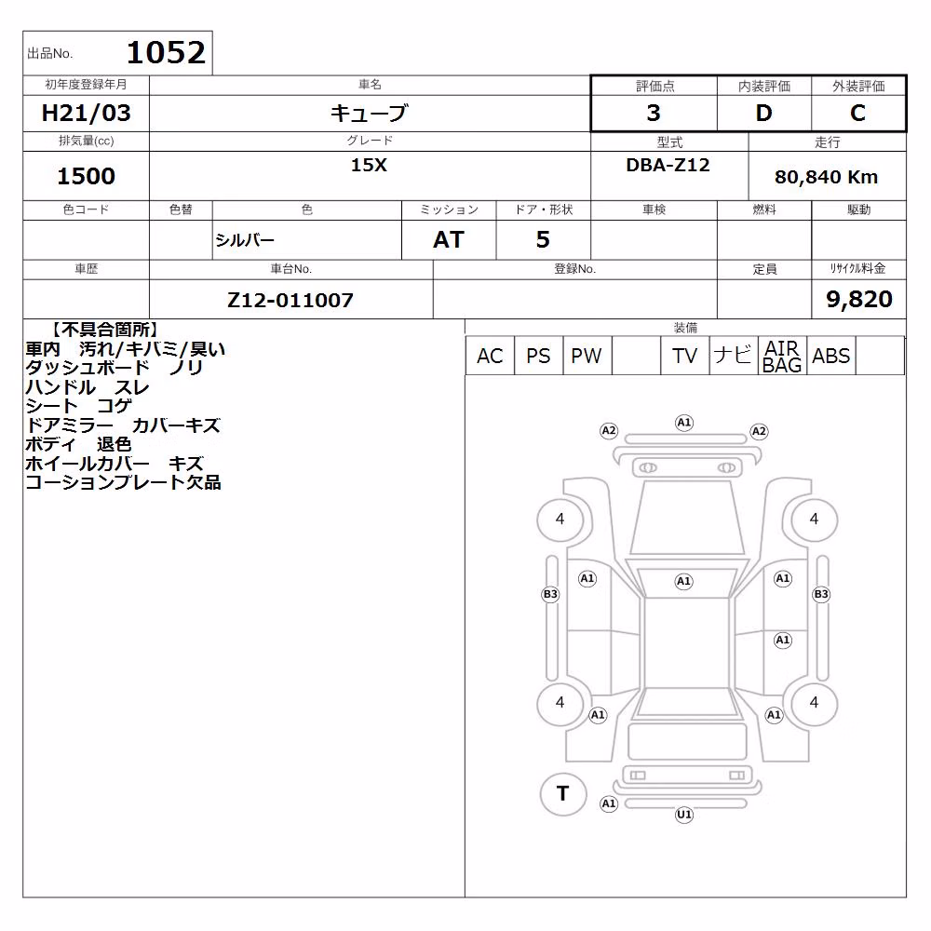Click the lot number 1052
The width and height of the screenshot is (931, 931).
point(166,52)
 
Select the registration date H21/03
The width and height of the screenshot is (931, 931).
point(86,113)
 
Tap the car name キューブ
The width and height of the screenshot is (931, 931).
point(370,113)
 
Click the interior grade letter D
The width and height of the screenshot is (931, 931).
point(763,113)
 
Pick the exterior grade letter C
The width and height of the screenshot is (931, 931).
point(857,113)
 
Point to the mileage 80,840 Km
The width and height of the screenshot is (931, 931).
point(826,177)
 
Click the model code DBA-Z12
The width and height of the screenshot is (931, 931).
point(668,165)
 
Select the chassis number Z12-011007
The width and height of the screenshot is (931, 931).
point(290,300)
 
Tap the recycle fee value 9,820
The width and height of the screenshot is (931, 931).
point(859,299)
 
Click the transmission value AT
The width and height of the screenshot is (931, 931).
point(449,240)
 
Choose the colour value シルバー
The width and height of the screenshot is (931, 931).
point(245,240)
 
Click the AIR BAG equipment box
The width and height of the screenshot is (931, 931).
point(783,356)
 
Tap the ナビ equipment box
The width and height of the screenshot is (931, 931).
point(734,356)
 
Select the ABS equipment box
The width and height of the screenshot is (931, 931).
point(831,356)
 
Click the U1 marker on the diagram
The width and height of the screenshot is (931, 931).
point(684,815)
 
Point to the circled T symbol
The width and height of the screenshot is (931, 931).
point(563,794)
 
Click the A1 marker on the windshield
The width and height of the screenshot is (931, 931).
point(684,581)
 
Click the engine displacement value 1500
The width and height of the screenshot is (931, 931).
point(86,176)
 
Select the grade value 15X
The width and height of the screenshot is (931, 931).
point(369,165)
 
